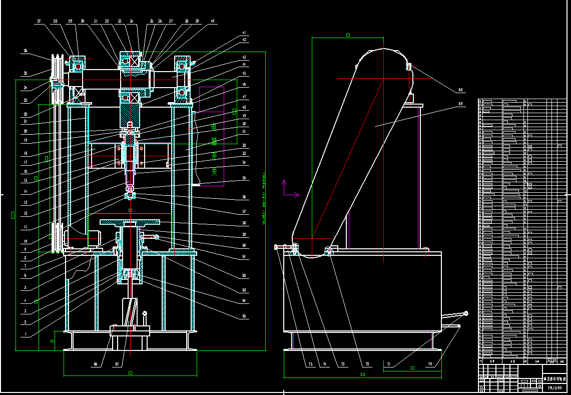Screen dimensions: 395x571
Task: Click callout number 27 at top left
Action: point(39,22)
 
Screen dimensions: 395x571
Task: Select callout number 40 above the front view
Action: point(212,22)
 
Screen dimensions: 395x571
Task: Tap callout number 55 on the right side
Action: point(244,178)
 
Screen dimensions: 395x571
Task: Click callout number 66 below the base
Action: point(96,364)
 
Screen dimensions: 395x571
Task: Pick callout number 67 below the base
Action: point(117,364)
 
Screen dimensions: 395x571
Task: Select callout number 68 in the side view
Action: point(460,91)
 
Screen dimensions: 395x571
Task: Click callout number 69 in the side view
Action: point(460,105)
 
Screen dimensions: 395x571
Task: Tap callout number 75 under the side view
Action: point(310,364)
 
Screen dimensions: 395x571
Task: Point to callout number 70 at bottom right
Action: point(429,364)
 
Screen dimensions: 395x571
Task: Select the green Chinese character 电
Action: point(214,127)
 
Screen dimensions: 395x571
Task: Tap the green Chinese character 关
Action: point(214,171)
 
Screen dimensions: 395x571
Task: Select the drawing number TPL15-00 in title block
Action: point(554,387)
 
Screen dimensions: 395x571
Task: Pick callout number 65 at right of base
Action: point(244,316)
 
